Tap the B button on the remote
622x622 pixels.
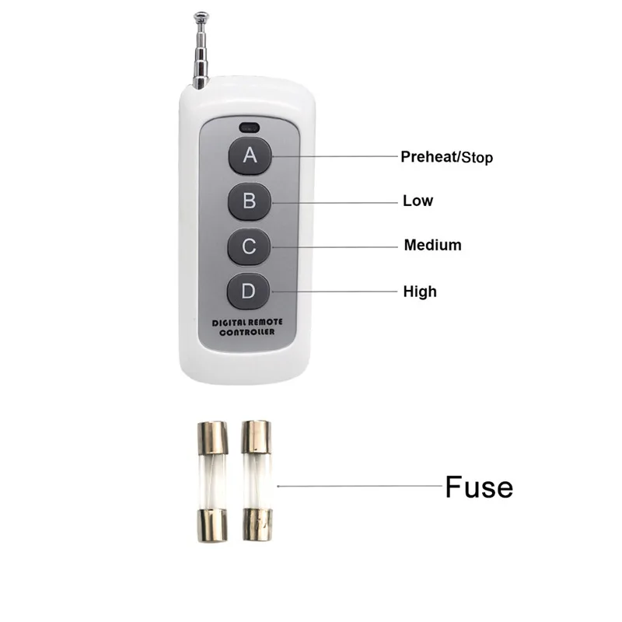[250, 201]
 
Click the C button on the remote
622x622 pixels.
[249, 247]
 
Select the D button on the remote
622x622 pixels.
[248, 292]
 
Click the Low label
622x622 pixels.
[418, 201]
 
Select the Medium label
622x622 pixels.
[432, 245]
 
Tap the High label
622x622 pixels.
[420, 292]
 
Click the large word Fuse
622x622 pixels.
[479, 487]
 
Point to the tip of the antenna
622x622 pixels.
[201, 14]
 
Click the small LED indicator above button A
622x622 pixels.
[250, 126]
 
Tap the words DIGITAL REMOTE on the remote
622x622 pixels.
[247, 321]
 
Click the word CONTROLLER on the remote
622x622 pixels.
[247, 332]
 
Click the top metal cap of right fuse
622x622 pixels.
[256, 438]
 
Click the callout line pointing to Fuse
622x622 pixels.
[358, 486]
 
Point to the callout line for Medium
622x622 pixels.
[334, 246]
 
